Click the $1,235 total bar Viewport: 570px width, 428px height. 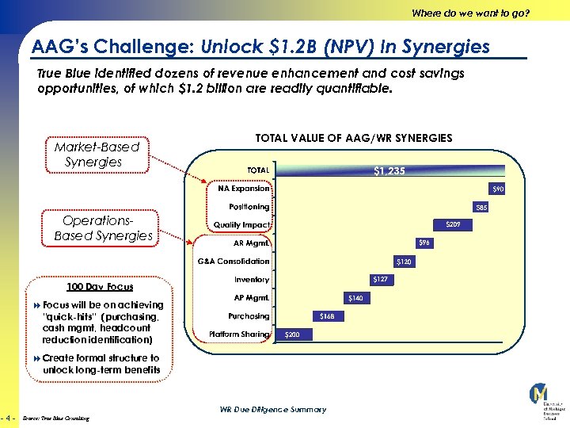tap(388, 170)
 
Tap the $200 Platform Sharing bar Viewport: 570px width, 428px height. tap(293, 334)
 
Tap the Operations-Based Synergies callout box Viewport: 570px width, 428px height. tap(103, 228)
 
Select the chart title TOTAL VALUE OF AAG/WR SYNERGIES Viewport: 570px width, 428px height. tap(354, 138)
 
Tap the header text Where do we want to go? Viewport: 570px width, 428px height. tap(470, 13)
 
